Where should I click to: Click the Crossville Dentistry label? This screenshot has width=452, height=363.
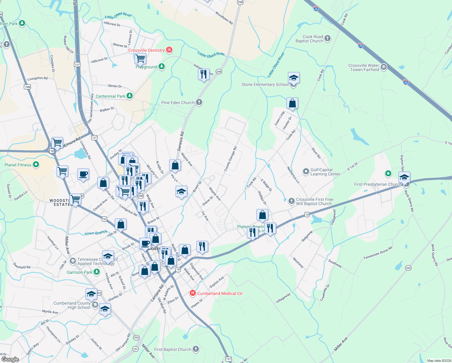pyautogui.click(x=147, y=50)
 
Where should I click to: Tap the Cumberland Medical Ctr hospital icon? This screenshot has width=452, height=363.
pyautogui.click(x=192, y=293)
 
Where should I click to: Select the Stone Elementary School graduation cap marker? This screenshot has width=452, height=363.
pyautogui.click(x=294, y=78)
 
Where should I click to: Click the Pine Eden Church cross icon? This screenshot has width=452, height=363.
pyautogui.click(x=199, y=102)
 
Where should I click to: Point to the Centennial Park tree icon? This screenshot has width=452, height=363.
pyautogui.click(x=130, y=96)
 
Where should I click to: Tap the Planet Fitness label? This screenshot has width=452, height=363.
pyautogui.click(x=18, y=165)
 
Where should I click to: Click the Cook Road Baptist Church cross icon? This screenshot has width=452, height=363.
pyautogui.click(x=328, y=38)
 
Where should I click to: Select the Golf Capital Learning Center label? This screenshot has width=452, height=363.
pyautogui.click(x=325, y=172)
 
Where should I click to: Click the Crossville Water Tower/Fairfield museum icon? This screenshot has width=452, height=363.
pyautogui.click(x=384, y=67)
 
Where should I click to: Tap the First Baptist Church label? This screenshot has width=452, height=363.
pyautogui.click(x=173, y=349)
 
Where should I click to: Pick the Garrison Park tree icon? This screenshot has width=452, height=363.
pyautogui.click(x=97, y=272)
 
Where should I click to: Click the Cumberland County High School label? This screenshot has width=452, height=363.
pyautogui.click(x=72, y=305)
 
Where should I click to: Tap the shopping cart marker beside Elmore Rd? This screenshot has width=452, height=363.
pyautogui.click(x=57, y=142)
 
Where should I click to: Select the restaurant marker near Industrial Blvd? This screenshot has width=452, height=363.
pyautogui.click(x=204, y=74)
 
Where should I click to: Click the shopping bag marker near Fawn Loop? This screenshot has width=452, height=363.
pyautogui.click(x=292, y=103)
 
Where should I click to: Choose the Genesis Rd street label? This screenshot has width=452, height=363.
pyautogui.click(x=181, y=141)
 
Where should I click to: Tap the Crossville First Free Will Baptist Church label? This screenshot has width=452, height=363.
pyautogui.click(x=314, y=201)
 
